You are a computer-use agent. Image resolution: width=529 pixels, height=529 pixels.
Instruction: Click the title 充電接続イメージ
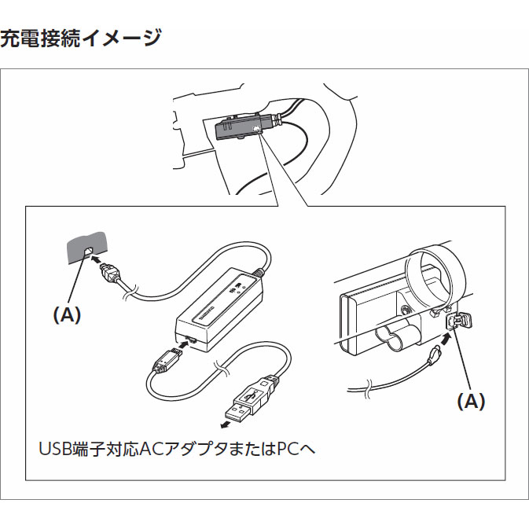pyautogui.click(x=81, y=38)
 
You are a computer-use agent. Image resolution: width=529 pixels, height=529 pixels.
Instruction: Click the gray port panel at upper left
pyautogui.click(x=86, y=248)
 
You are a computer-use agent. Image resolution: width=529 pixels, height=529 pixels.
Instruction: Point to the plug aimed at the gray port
pyautogui.click(x=112, y=276)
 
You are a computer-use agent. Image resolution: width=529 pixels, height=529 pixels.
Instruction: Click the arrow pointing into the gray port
pyautogui.click(x=95, y=258)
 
